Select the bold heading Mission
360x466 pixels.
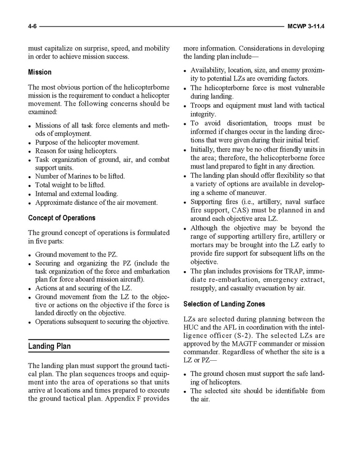point(40,72)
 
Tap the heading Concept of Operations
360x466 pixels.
point(62,218)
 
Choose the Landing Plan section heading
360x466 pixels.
point(50,346)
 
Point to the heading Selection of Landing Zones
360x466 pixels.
point(224,304)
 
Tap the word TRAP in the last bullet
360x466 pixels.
point(286,271)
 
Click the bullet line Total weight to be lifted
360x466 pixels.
point(70,185)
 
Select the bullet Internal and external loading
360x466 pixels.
point(76,193)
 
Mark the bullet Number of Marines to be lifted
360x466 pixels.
point(80,176)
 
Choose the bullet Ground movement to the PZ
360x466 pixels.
point(76,255)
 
